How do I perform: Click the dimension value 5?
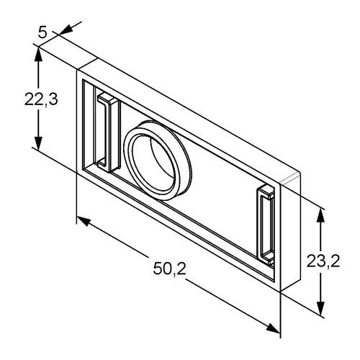click(42, 32)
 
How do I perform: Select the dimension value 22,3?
click(41, 99)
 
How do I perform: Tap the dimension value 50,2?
click(170, 268)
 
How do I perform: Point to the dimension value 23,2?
click(323, 261)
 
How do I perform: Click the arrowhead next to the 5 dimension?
click(66, 30)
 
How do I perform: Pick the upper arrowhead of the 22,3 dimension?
click(38, 55)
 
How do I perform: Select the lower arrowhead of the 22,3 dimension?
click(38, 142)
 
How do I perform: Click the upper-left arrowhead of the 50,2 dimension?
click(84, 221)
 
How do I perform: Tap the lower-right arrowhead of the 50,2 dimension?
click(273, 328)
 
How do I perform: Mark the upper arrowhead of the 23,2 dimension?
click(321, 217)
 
